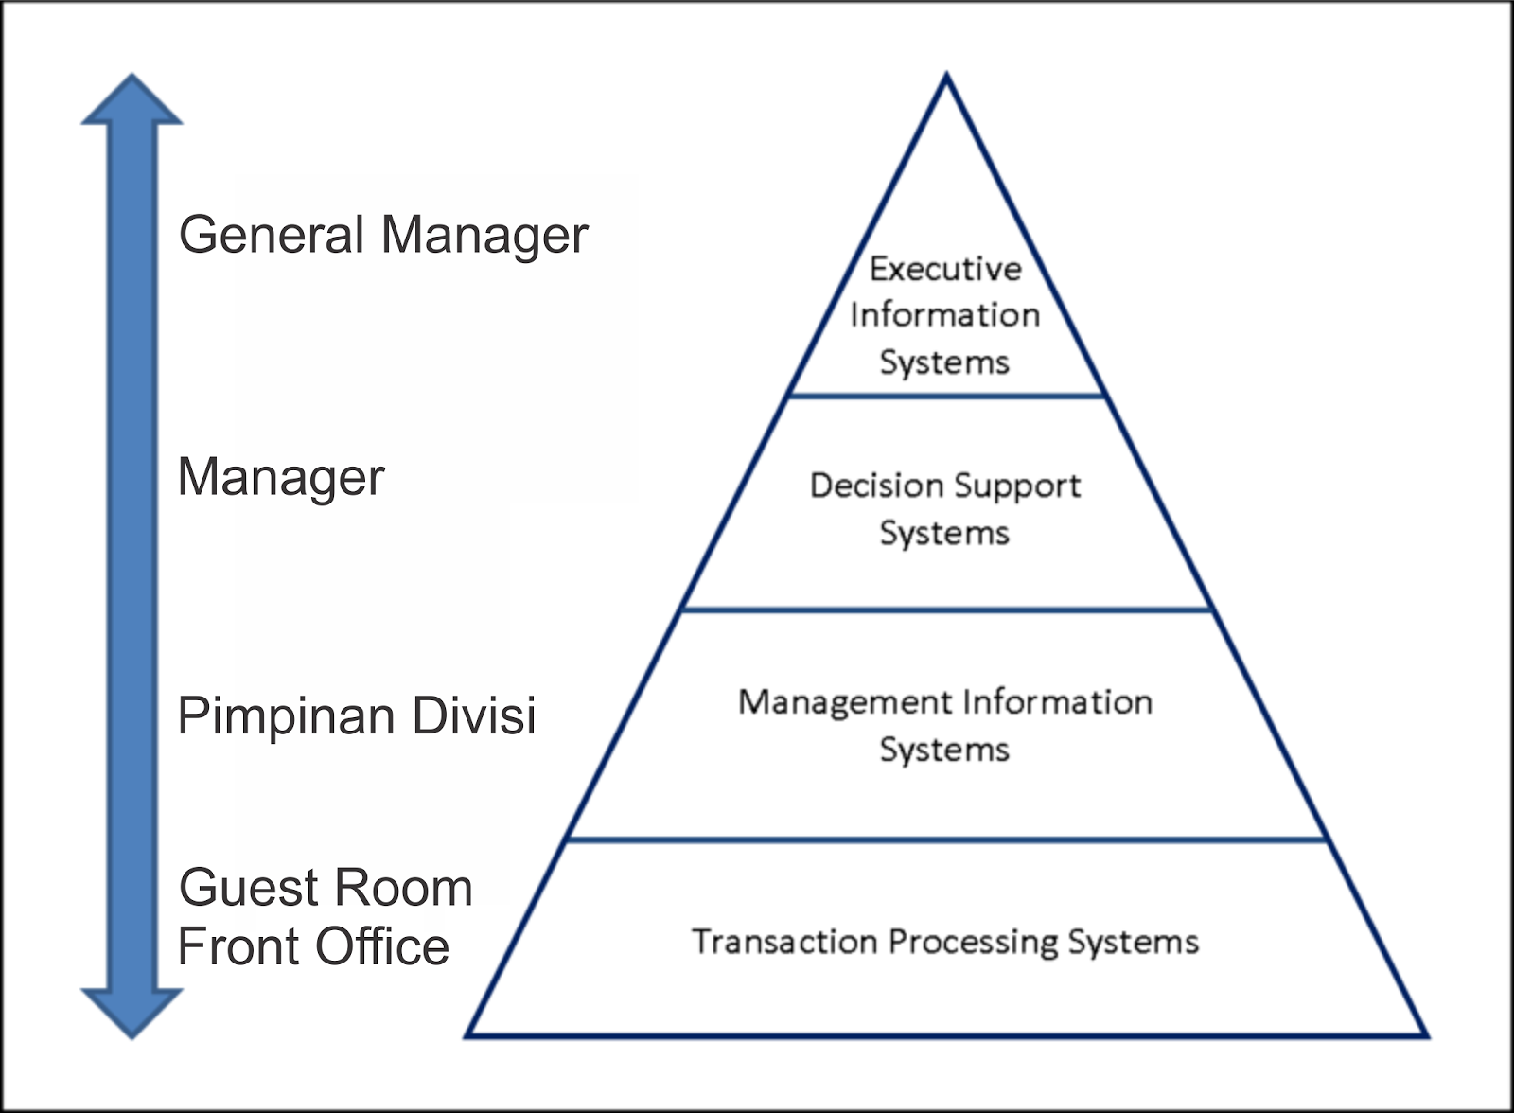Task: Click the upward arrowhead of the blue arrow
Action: coord(132,102)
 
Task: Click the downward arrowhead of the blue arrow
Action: coord(132,1012)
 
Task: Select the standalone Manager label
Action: coord(281,477)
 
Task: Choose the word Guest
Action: coord(249,888)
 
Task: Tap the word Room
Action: coord(413,888)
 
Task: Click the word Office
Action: coord(382,946)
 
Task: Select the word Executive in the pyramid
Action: coord(945,269)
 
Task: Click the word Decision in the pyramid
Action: coord(872,486)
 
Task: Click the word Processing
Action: coord(974,943)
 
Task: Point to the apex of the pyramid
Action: coord(946,76)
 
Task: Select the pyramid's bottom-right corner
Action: coord(1426,1035)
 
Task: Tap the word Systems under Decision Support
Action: coord(944,534)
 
